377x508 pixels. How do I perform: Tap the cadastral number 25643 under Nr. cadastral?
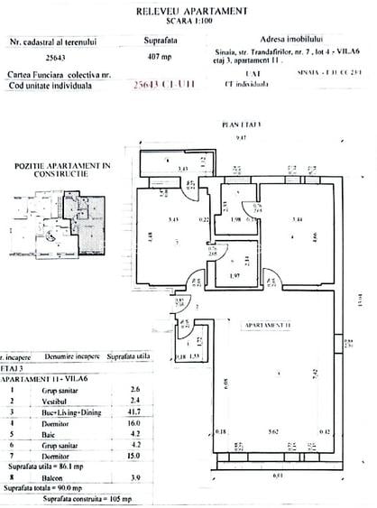[x=42, y=58]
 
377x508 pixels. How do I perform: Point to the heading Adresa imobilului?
[x=289, y=41]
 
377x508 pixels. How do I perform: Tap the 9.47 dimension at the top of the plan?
[x=240, y=136]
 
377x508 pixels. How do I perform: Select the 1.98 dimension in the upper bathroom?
[x=235, y=220]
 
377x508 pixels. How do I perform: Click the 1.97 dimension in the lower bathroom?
[x=234, y=276]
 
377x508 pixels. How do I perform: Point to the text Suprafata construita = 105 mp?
[x=90, y=498]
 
